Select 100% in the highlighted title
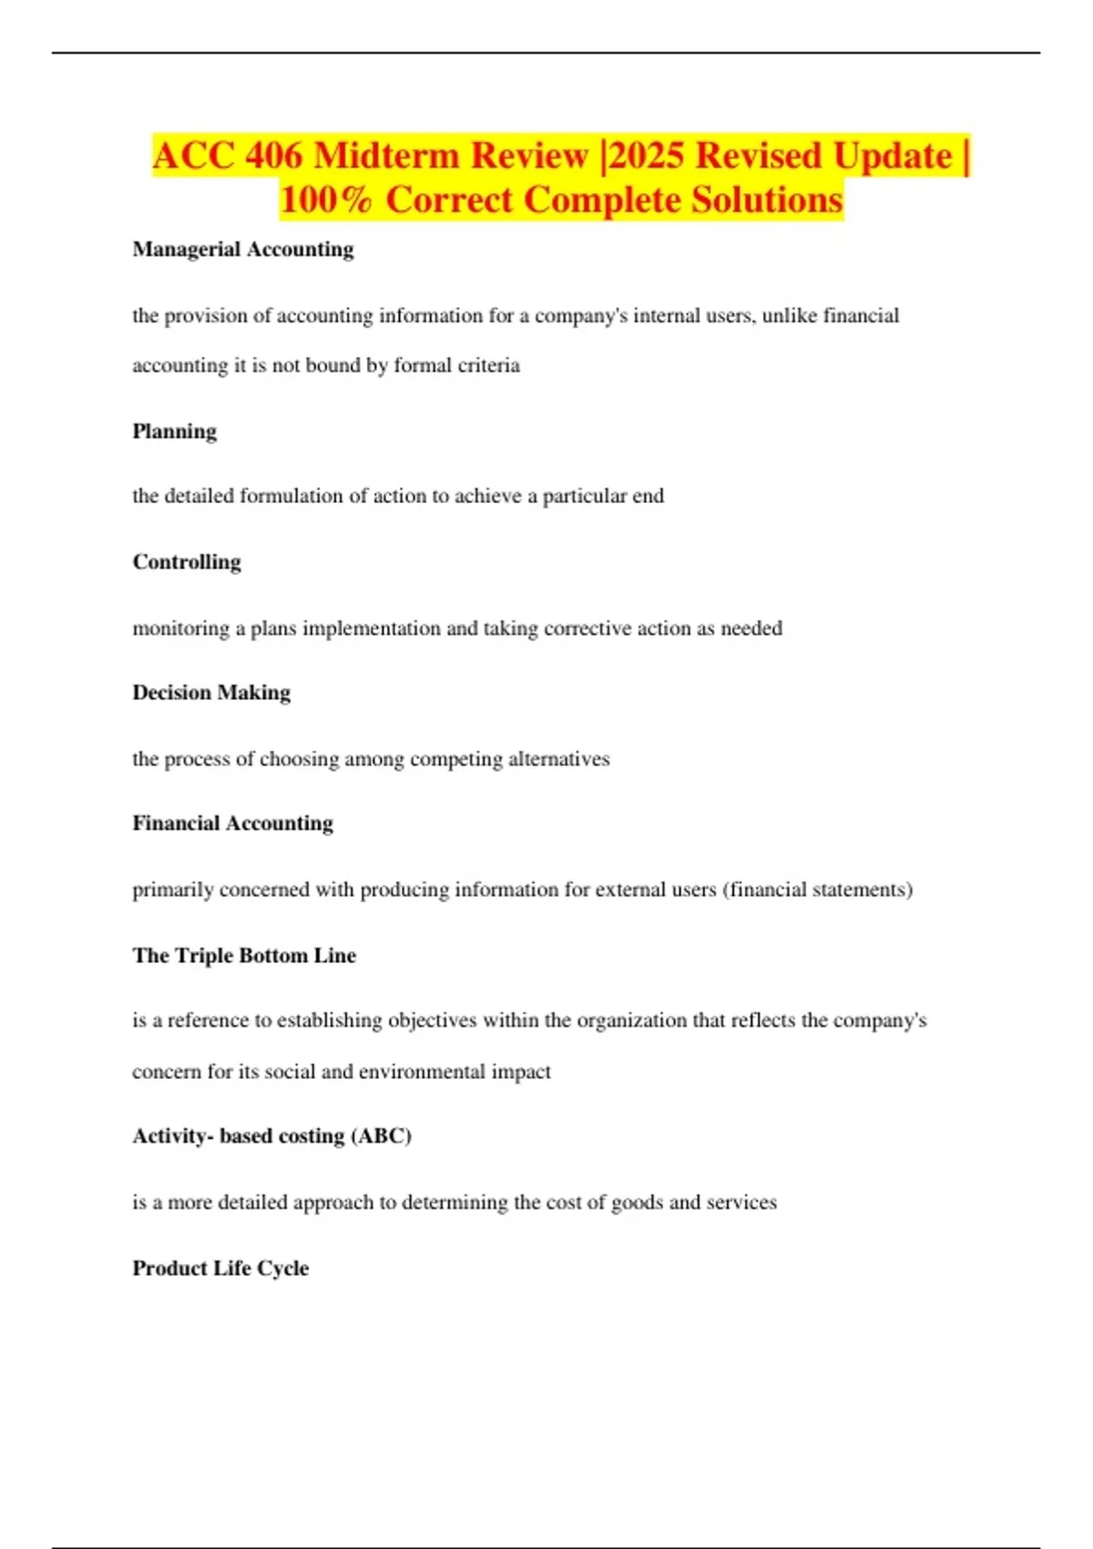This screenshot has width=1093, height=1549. click(x=326, y=200)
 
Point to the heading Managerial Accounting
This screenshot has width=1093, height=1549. click(x=243, y=250)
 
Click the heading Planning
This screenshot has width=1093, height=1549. click(x=175, y=431)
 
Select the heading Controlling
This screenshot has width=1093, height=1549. click(x=187, y=562)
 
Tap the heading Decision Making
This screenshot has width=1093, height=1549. click(x=211, y=692)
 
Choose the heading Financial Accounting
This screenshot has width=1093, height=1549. click(x=233, y=824)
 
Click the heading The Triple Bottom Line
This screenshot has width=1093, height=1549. click(x=244, y=956)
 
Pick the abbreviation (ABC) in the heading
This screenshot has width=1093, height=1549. click(x=382, y=1136)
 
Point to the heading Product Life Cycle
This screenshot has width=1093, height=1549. click(x=220, y=1268)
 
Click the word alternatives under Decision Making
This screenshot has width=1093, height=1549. click(x=559, y=759)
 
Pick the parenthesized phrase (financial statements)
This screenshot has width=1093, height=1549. click(x=817, y=889)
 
